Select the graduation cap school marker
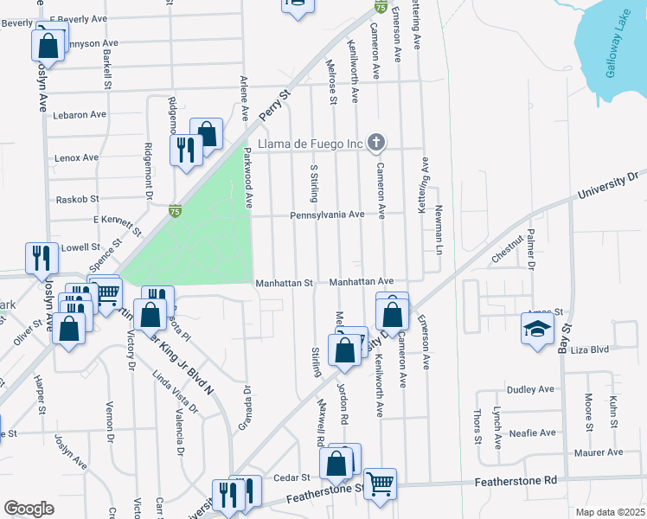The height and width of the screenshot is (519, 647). pyautogui.click(x=537, y=330)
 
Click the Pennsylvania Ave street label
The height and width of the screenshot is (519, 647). pyautogui.click(x=327, y=215)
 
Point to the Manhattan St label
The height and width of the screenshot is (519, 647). pyautogui.click(x=284, y=282)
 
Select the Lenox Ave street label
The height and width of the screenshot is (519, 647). pyautogui.click(x=77, y=157)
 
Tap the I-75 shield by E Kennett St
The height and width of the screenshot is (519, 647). pyautogui.click(x=176, y=210)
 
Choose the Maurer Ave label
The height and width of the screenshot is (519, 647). pyautogui.click(x=599, y=452)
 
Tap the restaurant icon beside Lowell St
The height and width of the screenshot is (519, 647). pyautogui.click(x=42, y=257)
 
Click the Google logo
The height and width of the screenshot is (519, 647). pyautogui.click(x=29, y=509)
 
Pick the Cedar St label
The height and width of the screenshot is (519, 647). pyautogui.click(x=292, y=477)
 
